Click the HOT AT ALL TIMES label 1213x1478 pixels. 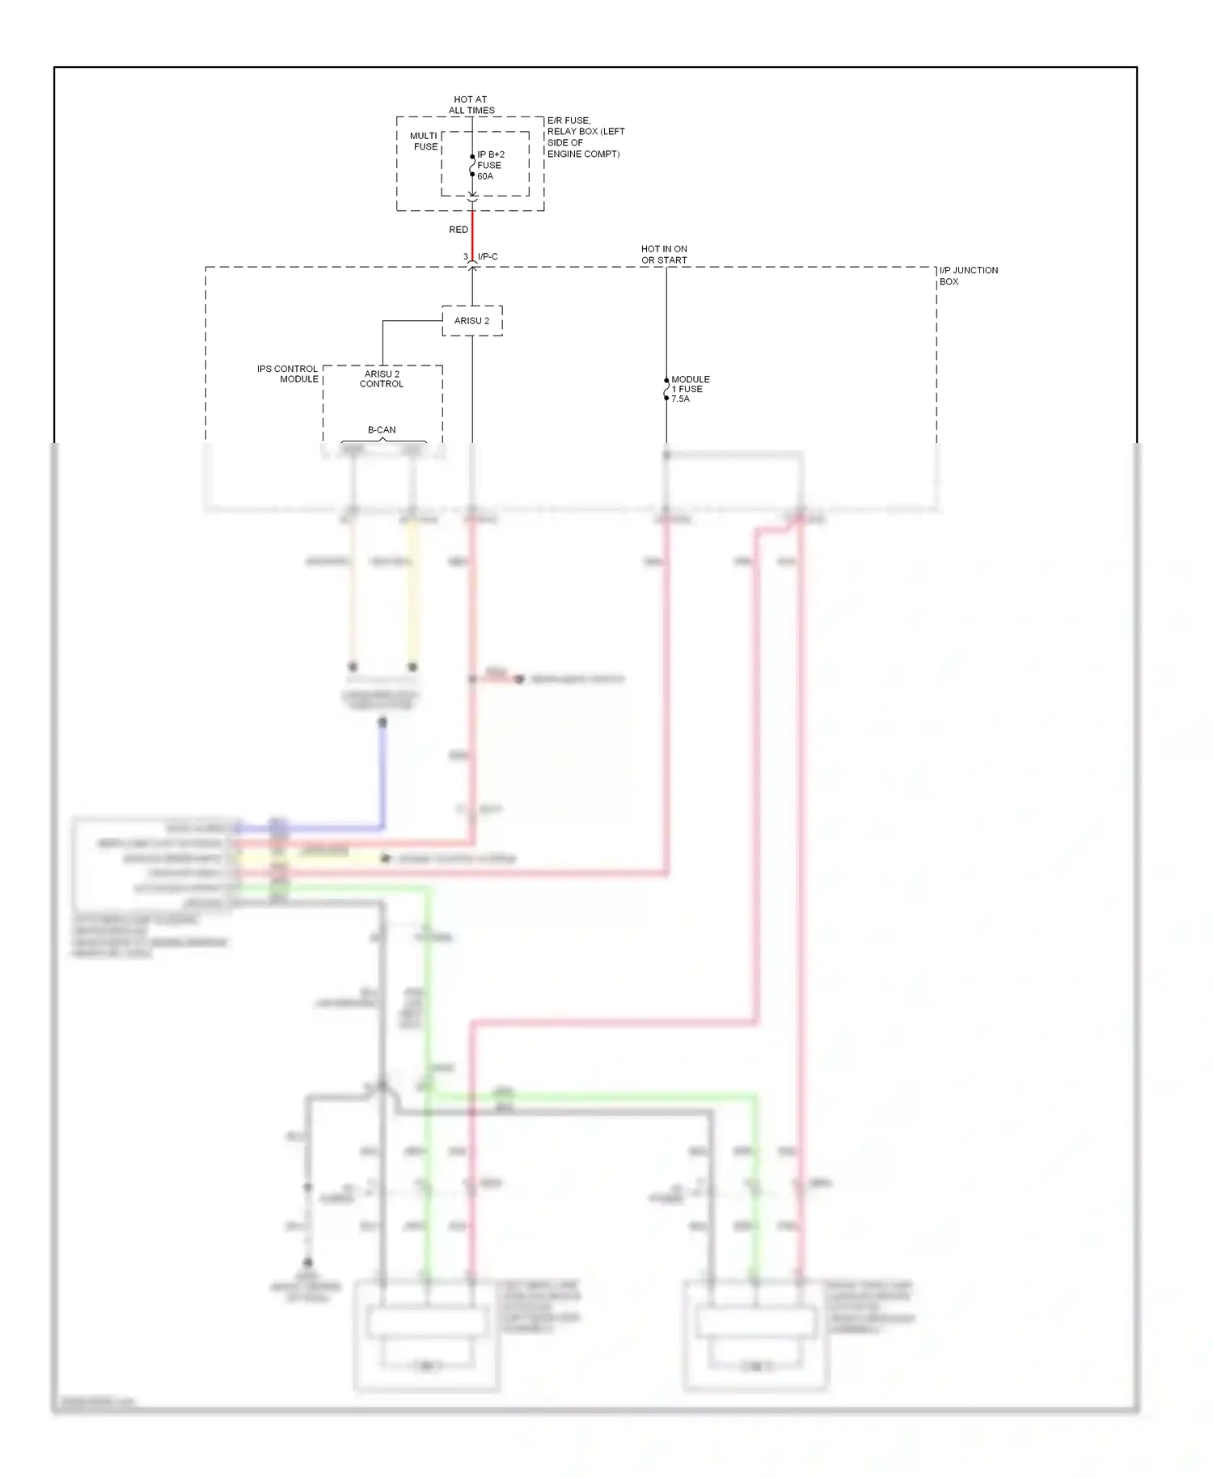point(471,105)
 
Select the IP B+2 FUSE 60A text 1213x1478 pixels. point(491,165)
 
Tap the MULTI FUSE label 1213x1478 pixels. point(425,141)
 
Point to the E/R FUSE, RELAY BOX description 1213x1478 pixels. point(585,137)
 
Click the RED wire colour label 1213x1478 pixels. point(459,230)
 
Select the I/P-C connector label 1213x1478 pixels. point(488,257)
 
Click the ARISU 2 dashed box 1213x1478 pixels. point(472,321)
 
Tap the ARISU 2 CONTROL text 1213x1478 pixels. point(382,379)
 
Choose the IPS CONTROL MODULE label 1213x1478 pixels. point(288,374)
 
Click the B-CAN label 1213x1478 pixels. point(382,430)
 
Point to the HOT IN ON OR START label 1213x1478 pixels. point(664,255)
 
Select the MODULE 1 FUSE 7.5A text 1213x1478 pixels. point(690,389)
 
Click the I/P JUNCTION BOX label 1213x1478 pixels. point(968,276)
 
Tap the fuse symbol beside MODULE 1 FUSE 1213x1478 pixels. point(666,389)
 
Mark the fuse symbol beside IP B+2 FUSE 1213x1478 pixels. point(472,166)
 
